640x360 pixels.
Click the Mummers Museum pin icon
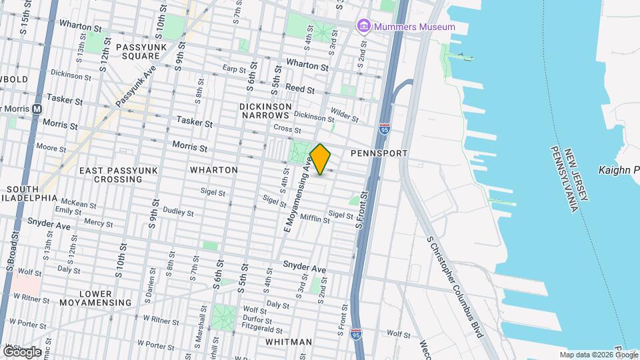pyautogui.click(x=364, y=27)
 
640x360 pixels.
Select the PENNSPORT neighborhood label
pyautogui.click(x=379, y=153)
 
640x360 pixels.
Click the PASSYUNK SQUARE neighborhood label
pyautogui.click(x=143, y=52)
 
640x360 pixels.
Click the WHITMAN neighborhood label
pyautogui.click(x=288, y=342)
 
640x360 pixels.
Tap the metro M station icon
pyautogui.click(x=37, y=109)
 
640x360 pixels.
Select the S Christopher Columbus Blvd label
pyautogui.click(x=454, y=287)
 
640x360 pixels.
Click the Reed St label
pyautogui.click(x=300, y=89)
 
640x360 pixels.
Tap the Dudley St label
pyautogui.click(x=178, y=213)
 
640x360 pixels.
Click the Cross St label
pyautogui.click(x=283, y=129)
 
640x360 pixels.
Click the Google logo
pyautogui.click(x=21, y=351)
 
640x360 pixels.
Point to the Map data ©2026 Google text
pyautogui.click(x=598, y=355)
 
